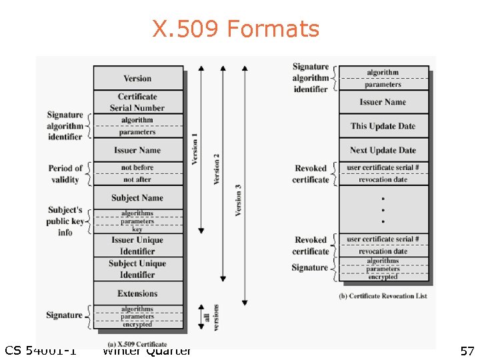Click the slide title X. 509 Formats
[x=236, y=29]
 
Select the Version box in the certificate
[x=137, y=78]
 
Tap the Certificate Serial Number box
[x=137, y=102]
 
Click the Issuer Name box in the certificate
[x=137, y=150]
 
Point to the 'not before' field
[x=137, y=168]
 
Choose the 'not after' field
[x=137, y=179]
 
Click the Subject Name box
[x=137, y=197]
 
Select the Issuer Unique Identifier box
[x=137, y=245]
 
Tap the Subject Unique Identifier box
[x=137, y=269]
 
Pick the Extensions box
[x=137, y=293]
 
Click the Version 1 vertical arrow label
[x=195, y=149]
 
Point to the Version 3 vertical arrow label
[x=238, y=199]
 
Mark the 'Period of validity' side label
[x=65, y=174]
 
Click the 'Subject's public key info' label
[x=65, y=221]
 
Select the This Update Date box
[x=383, y=126]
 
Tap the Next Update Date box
[x=383, y=150]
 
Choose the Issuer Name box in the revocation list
[x=383, y=102]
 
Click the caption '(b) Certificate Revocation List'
[x=383, y=296]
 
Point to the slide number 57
[x=467, y=351]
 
